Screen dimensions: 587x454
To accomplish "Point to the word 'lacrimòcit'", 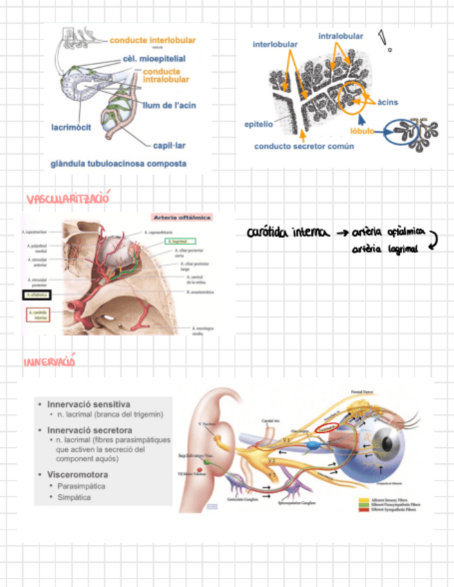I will pyautogui.click(x=71, y=127).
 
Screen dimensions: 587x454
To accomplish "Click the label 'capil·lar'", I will pyautogui.click(x=168, y=145).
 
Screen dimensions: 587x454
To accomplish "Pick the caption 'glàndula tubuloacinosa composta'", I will pyautogui.click(x=118, y=163).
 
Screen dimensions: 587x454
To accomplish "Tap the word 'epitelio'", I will pyautogui.click(x=259, y=125).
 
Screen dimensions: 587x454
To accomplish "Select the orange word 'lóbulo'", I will pyautogui.click(x=362, y=130).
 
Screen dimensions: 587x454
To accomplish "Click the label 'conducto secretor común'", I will pyautogui.click(x=304, y=146).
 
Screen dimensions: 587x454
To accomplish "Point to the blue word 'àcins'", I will pyautogui.click(x=388, y=102).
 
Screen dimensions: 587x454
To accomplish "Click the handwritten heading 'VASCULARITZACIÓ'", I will pyautogui.click(x=68, y=199).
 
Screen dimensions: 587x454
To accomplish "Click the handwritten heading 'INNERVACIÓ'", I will pyautogui.click(x=48, y=362).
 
